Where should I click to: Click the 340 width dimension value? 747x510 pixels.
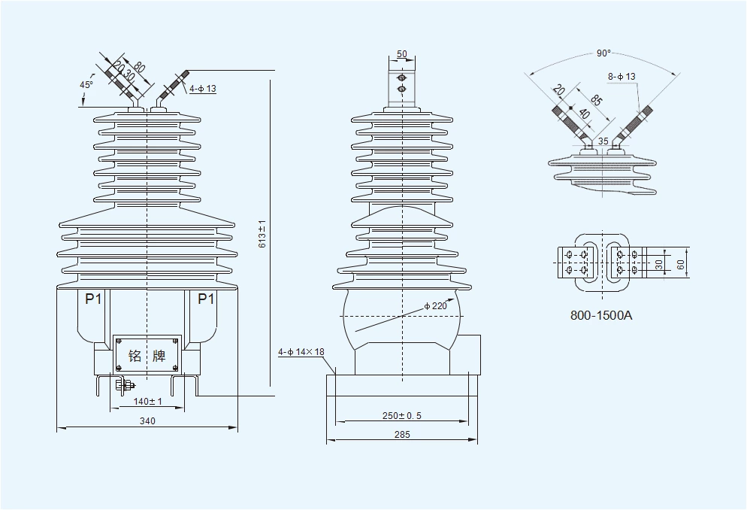tap(147, 421)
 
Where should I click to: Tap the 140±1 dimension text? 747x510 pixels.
tap(147, 402)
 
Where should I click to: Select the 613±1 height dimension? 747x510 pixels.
tap(262, 234)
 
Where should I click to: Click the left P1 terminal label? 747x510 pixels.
tap(93, 299)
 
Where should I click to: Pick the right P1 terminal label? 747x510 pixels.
tap(206, 299)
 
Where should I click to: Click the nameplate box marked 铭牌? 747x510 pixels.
tap(147, 355)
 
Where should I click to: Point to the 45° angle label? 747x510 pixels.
tap(86, 84)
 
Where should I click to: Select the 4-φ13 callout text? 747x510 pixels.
tap(202, 89)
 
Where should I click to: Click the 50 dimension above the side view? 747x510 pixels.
tap(401, 54)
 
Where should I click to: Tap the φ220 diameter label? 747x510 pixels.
tap(436, 305)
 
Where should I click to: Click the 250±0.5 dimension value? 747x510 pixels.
tap(401, 415)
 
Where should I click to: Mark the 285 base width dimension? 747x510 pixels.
tap(401, 435)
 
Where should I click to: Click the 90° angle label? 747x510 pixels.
tap(603, 53)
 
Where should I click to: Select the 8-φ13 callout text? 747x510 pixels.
tap(621, 77)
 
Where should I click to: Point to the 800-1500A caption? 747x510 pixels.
tap(602, 315)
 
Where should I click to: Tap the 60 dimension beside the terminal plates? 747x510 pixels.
tap(680, 264)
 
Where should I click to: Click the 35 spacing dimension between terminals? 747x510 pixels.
tap(603, 141)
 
